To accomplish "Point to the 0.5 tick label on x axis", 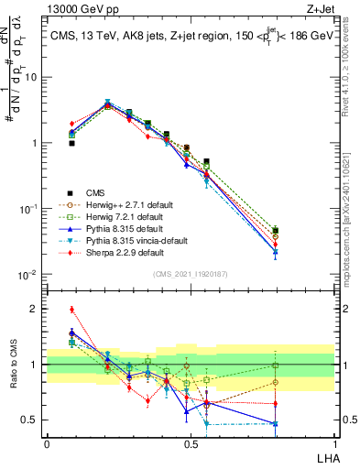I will click(x=191, y=443).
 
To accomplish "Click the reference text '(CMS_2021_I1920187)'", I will click(x=191, y=274).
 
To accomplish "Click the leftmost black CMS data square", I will click(x=71, y=143).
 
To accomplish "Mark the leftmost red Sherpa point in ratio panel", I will click(x=71, y=310).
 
